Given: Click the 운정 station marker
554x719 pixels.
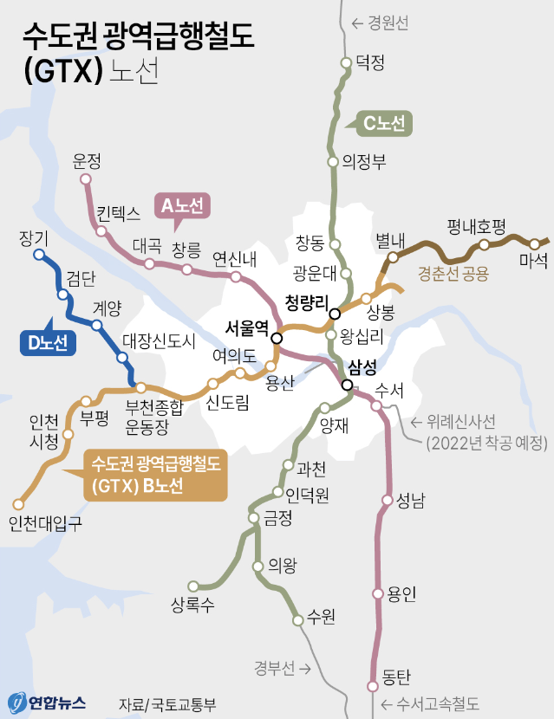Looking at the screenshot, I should (85, 179).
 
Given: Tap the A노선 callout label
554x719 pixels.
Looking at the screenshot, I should (182, 206).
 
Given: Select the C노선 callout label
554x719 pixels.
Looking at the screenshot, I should (383, 124).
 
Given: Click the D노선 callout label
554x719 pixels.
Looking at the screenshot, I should (48, 343).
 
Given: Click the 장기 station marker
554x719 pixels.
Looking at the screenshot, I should (38, 255).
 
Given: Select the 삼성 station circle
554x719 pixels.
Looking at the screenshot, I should (347, 385).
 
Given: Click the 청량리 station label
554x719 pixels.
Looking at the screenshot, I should (308, 302).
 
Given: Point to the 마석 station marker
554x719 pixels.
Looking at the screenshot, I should (534, 243).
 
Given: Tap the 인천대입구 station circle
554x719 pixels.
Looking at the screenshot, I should (18, 503).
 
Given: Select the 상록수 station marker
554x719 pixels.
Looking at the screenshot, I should (193, 586).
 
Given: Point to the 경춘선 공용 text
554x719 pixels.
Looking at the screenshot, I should (453, 275).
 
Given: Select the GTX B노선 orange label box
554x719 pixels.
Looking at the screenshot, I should (156, 476).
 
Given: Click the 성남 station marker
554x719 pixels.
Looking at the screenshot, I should (387, 499).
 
